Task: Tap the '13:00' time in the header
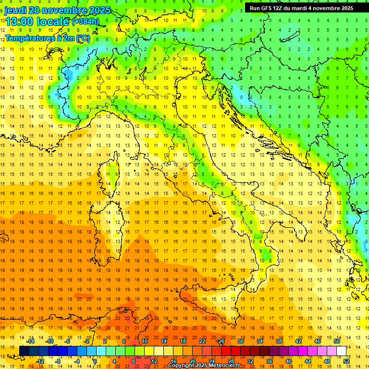pos(19,22)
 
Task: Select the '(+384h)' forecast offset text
pos(85,22)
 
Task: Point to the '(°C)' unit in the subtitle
pos(82,38)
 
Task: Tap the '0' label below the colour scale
pos(95,361)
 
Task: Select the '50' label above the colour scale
pos(337,341)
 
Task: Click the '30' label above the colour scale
pos(241,341)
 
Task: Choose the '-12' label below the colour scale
pos(40,361)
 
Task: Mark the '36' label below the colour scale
pos(270,361)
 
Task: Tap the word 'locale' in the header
pos(51,22)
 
